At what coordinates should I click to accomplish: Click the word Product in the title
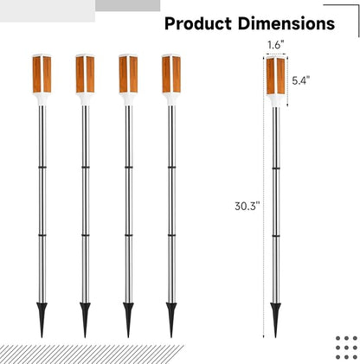(x=198, y=23)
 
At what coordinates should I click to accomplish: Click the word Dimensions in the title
(x=286, y=23)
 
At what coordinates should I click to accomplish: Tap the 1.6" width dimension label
(x=275, y=45)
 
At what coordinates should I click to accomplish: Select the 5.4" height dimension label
(x=301, y=80)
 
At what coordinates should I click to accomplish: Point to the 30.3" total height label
(x=247, y=206)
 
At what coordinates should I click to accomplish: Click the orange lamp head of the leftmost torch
(x=42, y=73)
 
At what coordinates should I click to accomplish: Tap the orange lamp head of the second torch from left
(x=85, y=73)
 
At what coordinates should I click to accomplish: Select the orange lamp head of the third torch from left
(x=128, y=73)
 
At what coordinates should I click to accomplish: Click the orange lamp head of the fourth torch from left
(x=171, y=73)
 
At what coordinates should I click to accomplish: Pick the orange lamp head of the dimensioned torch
(x=275, y=75)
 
